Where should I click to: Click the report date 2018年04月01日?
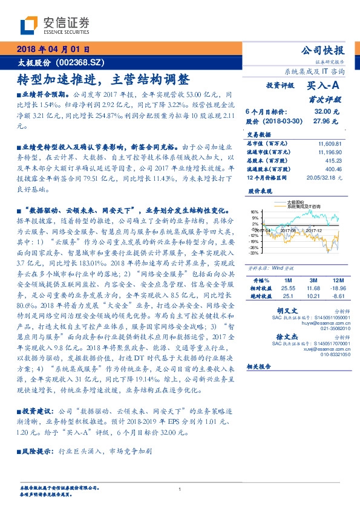coord(53,50)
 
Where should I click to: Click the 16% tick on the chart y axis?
coord(254,212)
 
